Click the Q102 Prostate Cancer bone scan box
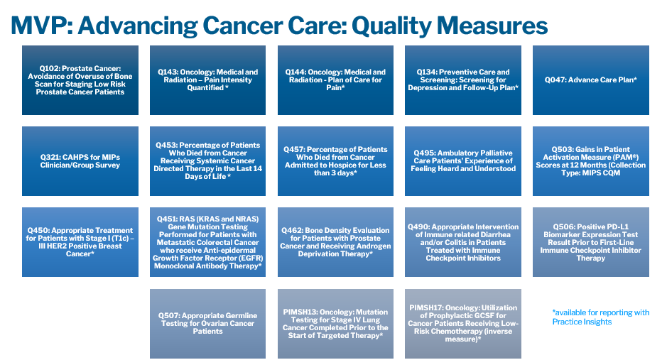80,80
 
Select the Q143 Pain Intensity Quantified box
207,80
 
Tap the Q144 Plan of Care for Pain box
335,80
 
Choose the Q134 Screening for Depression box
463,80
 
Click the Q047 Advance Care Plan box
591,80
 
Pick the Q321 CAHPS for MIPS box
80,161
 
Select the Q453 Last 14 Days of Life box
207,161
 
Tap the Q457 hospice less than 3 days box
335,161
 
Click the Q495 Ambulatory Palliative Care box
463,161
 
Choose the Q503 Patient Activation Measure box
591,161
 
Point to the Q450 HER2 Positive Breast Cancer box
80,242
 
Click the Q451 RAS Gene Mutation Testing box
207,242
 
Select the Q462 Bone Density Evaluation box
335,242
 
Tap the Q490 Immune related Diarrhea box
463,242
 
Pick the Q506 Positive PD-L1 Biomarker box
591,242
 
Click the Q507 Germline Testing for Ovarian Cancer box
207,324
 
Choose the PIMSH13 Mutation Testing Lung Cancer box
335,324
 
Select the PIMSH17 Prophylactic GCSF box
463,324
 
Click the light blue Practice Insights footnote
601,317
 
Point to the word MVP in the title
38,26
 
